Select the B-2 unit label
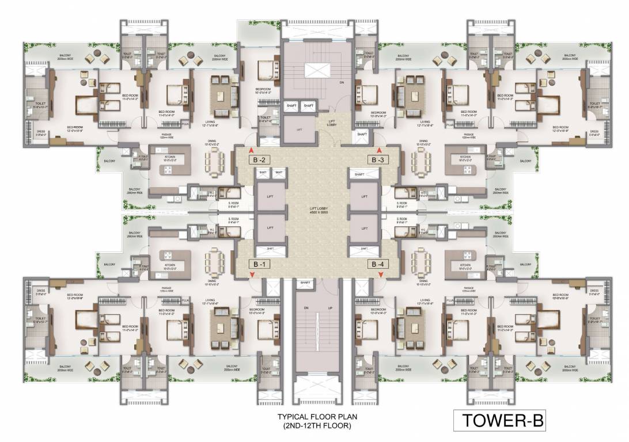pyautogui.click(x=256, y=159)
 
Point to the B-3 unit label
pyautogui.click(x=378, y=159)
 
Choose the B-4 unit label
pyautogui.click(x=378, y=264)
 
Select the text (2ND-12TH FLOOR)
pyautogui.click(x=317, y=426)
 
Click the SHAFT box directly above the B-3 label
pyautogui.click(x=362, y=134)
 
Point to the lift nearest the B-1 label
pyautogui.click(x=270, y=228)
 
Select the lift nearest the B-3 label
pyautogui.click(x=363, y=196)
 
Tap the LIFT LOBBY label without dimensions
pyautogui.click(x=332, y=123)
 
